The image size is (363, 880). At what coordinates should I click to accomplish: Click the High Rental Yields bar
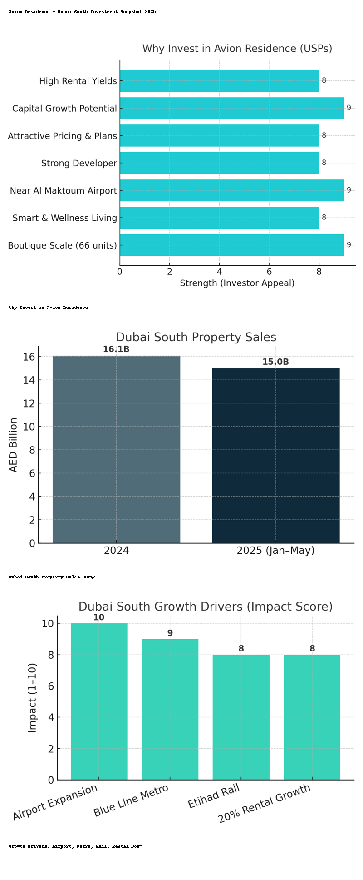219,81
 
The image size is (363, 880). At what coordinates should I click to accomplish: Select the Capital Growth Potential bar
231,108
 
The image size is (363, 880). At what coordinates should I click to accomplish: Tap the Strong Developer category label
79,164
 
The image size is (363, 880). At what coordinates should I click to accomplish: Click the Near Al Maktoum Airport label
64,191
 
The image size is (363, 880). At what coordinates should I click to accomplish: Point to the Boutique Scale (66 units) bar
231,245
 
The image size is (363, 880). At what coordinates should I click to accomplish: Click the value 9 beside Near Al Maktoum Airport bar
348,190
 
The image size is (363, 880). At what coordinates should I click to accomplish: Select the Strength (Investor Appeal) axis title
237,283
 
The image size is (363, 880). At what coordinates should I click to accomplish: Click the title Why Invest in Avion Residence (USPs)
237,49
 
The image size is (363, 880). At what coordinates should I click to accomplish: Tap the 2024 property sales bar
116,449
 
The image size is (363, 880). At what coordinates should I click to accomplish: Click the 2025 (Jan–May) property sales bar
275,456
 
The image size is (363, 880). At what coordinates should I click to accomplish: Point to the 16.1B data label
116,349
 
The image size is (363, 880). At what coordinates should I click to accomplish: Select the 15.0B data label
275,362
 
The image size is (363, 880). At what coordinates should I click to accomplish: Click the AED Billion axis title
14,445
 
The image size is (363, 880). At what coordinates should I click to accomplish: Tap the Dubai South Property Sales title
196,338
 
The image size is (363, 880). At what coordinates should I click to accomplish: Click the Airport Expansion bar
99,702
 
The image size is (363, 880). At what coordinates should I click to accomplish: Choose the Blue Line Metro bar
170,710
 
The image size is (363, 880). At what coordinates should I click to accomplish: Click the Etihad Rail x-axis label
214,797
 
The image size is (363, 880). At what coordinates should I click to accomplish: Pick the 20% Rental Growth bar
312,717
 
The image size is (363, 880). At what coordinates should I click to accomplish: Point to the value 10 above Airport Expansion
99,617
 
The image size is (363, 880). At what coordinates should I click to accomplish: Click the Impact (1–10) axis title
32,697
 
